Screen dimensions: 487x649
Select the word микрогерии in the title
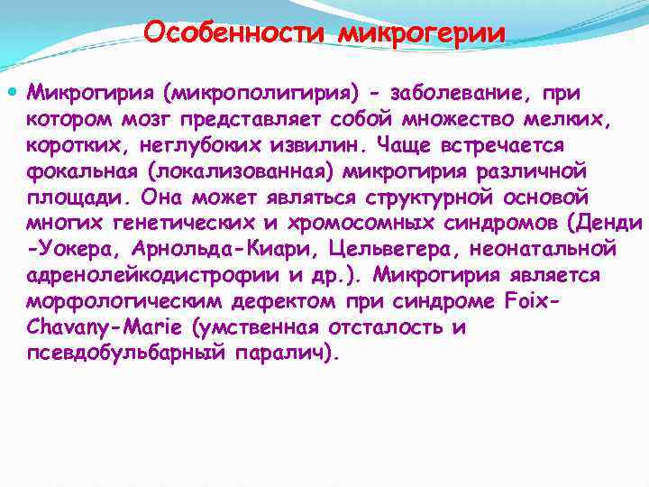[422, 33]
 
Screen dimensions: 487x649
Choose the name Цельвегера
[404, 249]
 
